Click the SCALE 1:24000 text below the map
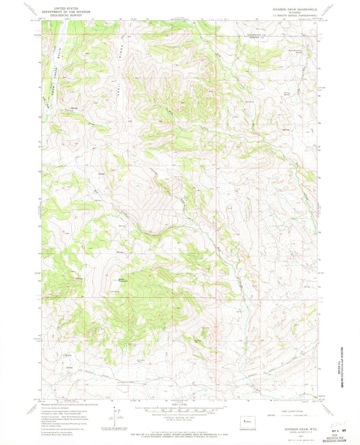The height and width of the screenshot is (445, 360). click(x=180, y=405)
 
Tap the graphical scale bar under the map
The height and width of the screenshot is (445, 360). click(x=180, y=411)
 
